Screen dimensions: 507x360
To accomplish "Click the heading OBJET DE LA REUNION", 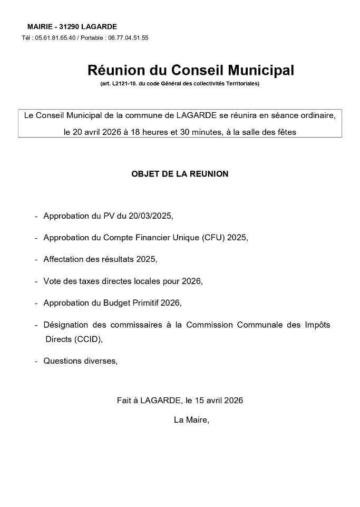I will point(180,174).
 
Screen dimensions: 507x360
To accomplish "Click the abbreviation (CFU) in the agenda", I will point(210,238).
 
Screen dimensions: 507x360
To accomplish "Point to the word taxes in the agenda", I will point(91,281).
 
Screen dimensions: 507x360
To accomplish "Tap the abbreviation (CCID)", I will point(87,339).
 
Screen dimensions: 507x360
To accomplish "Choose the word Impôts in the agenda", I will point(316,325).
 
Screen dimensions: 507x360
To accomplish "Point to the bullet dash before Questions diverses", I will point(36,362).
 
